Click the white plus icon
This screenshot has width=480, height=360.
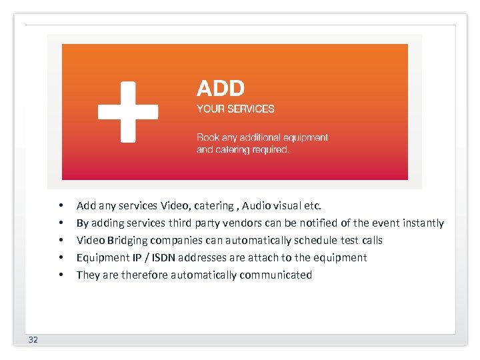coord(128,111)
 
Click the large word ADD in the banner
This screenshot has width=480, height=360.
coord(221,88)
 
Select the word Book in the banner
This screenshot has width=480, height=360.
coord(207,137)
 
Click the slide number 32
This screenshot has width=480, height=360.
coord(33,340)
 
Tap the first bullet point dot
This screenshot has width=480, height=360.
coord(60,205)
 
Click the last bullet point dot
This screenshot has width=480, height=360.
coord(60,275)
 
